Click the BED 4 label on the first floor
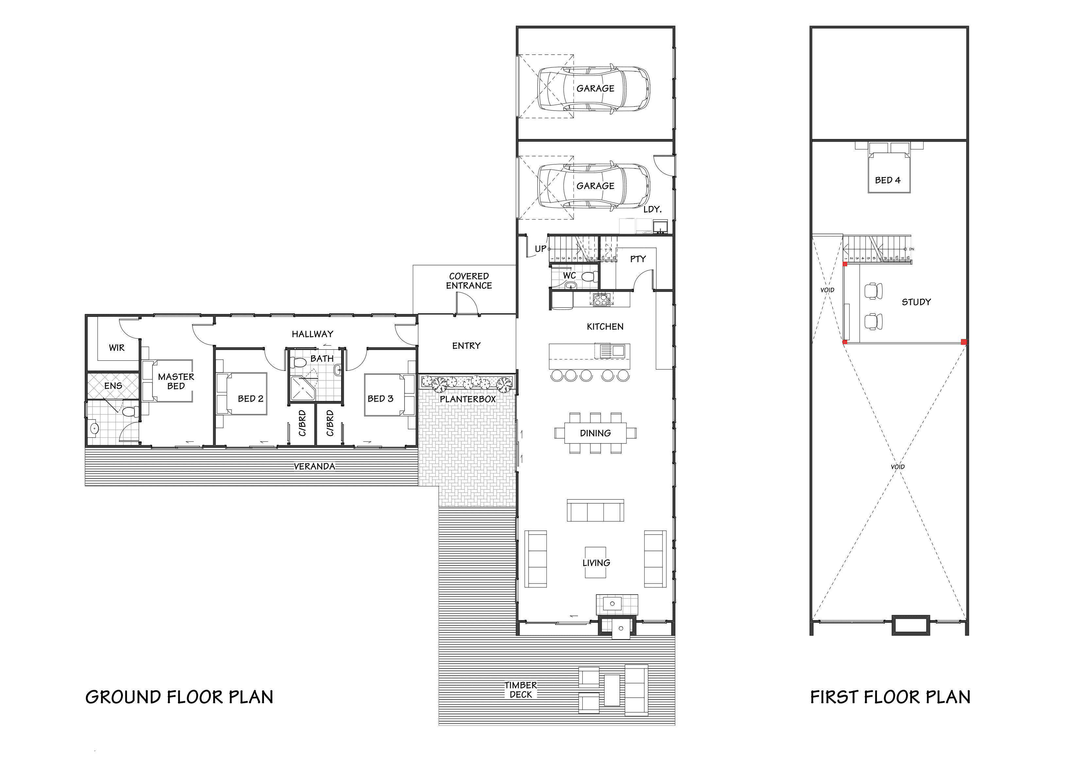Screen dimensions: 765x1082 887,180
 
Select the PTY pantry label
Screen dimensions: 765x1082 637,259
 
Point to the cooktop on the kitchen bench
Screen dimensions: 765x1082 601,300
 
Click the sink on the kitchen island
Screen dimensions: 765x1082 617,350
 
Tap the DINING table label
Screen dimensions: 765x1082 595,433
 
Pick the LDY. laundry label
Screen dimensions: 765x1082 652,209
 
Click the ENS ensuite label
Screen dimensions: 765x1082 113,386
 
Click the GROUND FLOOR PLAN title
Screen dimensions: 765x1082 179,697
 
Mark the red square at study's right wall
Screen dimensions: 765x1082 963,342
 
